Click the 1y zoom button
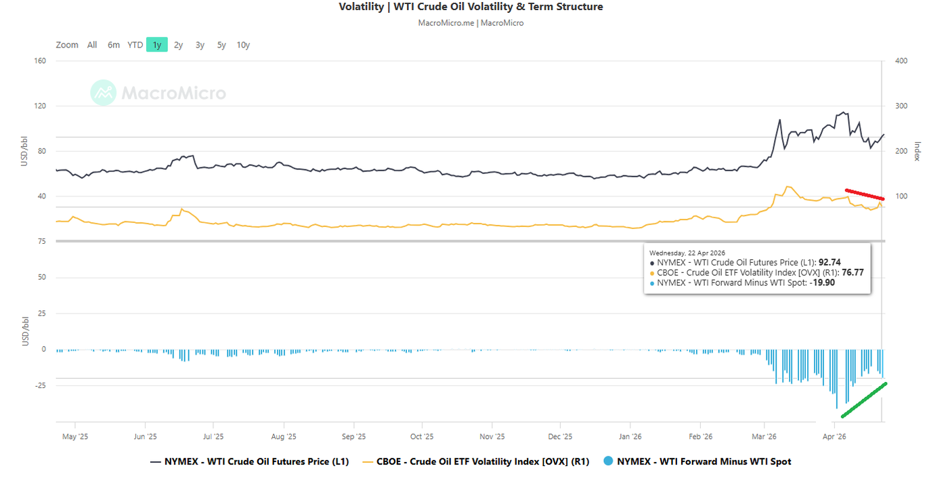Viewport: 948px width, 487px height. coord(157,45)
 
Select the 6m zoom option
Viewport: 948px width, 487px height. coord(114,45)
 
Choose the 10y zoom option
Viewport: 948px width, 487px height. coord(243,45)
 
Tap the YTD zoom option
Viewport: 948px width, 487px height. coord(135,45)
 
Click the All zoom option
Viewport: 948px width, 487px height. coord(92,45)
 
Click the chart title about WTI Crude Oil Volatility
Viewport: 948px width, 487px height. coord(471,7)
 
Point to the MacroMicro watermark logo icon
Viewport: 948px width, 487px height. coord(104,93)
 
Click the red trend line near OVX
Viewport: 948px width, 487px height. coord(864,194)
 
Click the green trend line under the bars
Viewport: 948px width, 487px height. coord(864,400)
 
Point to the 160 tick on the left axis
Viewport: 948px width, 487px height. coord(39,61)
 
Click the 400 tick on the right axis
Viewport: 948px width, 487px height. coord(901,61)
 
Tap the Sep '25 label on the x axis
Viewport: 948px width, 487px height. coord(353,437)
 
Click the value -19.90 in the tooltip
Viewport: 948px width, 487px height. coord(822,283)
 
